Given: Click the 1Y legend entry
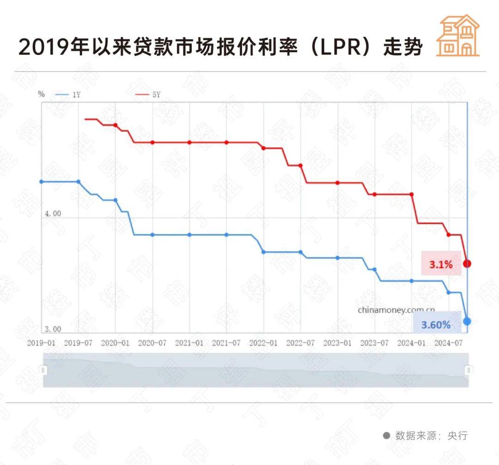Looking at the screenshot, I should [69, 95].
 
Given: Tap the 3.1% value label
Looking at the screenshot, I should [441, 265].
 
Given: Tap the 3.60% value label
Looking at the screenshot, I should [435, 325].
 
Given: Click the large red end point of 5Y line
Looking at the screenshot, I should [467, 263].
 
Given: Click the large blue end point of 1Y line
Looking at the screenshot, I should [467, 321].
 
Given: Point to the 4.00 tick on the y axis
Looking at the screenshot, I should [52, 214].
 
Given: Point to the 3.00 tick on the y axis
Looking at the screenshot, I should [52, 329].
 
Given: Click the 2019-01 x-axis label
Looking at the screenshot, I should [41, 343].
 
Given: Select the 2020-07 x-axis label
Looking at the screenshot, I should [152, 343].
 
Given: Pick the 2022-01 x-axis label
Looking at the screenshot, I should [263, 343].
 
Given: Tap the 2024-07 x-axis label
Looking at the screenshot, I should [449, 343].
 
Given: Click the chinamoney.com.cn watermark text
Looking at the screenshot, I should [396, 310].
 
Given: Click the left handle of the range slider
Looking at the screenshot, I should [43, 370].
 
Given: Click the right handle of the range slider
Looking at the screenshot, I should [469, 370].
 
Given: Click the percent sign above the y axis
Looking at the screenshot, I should [42, 94].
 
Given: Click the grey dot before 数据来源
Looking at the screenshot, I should [386, 435].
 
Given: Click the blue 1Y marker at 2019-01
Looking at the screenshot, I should [42, 182].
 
